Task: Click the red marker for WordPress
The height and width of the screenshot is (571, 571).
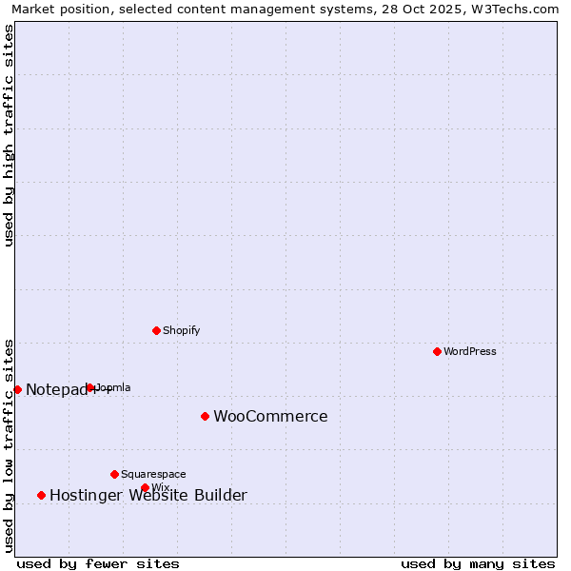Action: (437, 351)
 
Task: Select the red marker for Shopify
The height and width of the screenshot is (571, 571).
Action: (156, 330)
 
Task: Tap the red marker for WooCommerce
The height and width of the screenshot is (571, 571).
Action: (205, 416)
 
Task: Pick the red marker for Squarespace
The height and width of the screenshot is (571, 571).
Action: (114, 474)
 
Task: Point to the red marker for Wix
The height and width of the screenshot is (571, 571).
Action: (145, 487)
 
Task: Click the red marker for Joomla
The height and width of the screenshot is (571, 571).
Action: (90, 387)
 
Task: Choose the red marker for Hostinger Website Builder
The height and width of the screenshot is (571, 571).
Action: (41, 495)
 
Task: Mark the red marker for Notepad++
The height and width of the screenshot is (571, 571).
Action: (17, 389)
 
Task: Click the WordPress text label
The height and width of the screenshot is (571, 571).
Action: (470, 351)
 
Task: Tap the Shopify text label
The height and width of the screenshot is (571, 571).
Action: (181, 330)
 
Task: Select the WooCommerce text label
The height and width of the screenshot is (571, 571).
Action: (270, 416)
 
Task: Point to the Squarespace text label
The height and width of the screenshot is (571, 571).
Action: (153, 474)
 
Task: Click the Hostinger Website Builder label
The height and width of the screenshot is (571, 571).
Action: (148, 495)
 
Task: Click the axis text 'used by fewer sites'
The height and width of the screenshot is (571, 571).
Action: (98, 563)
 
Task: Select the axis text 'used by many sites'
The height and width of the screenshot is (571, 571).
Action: (478, 563)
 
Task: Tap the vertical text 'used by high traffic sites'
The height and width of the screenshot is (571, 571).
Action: (9, 135)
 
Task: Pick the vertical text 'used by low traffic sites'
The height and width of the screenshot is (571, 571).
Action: (9, 444)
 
